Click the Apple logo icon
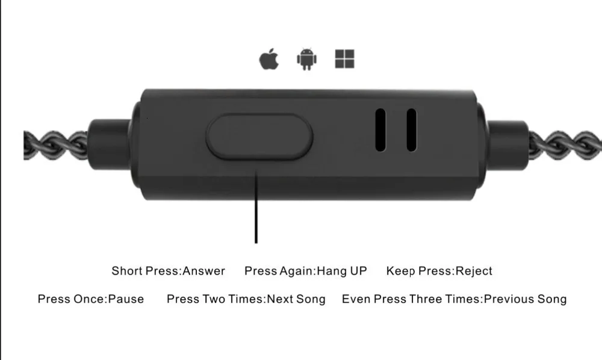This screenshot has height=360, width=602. tap(268, 59)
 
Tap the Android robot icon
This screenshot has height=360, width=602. tap(307, 59)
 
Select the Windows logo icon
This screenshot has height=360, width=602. tap(345, 59)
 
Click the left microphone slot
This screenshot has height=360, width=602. tap(380, 129)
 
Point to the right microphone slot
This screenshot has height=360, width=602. tap(412, 129)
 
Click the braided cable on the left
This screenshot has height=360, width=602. tap(55, 145)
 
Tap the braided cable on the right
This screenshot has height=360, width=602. tap(565, 145)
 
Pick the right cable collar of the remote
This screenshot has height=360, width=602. tap(506, 144)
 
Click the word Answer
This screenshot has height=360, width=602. tap(204, 271)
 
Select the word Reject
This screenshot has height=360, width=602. tap(474, 271)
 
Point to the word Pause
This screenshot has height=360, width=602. tap(126, 299)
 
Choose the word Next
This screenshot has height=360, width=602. tap(281, 299)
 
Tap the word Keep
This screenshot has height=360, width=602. tap(401, 271)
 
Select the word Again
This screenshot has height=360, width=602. tap(296, 271)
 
